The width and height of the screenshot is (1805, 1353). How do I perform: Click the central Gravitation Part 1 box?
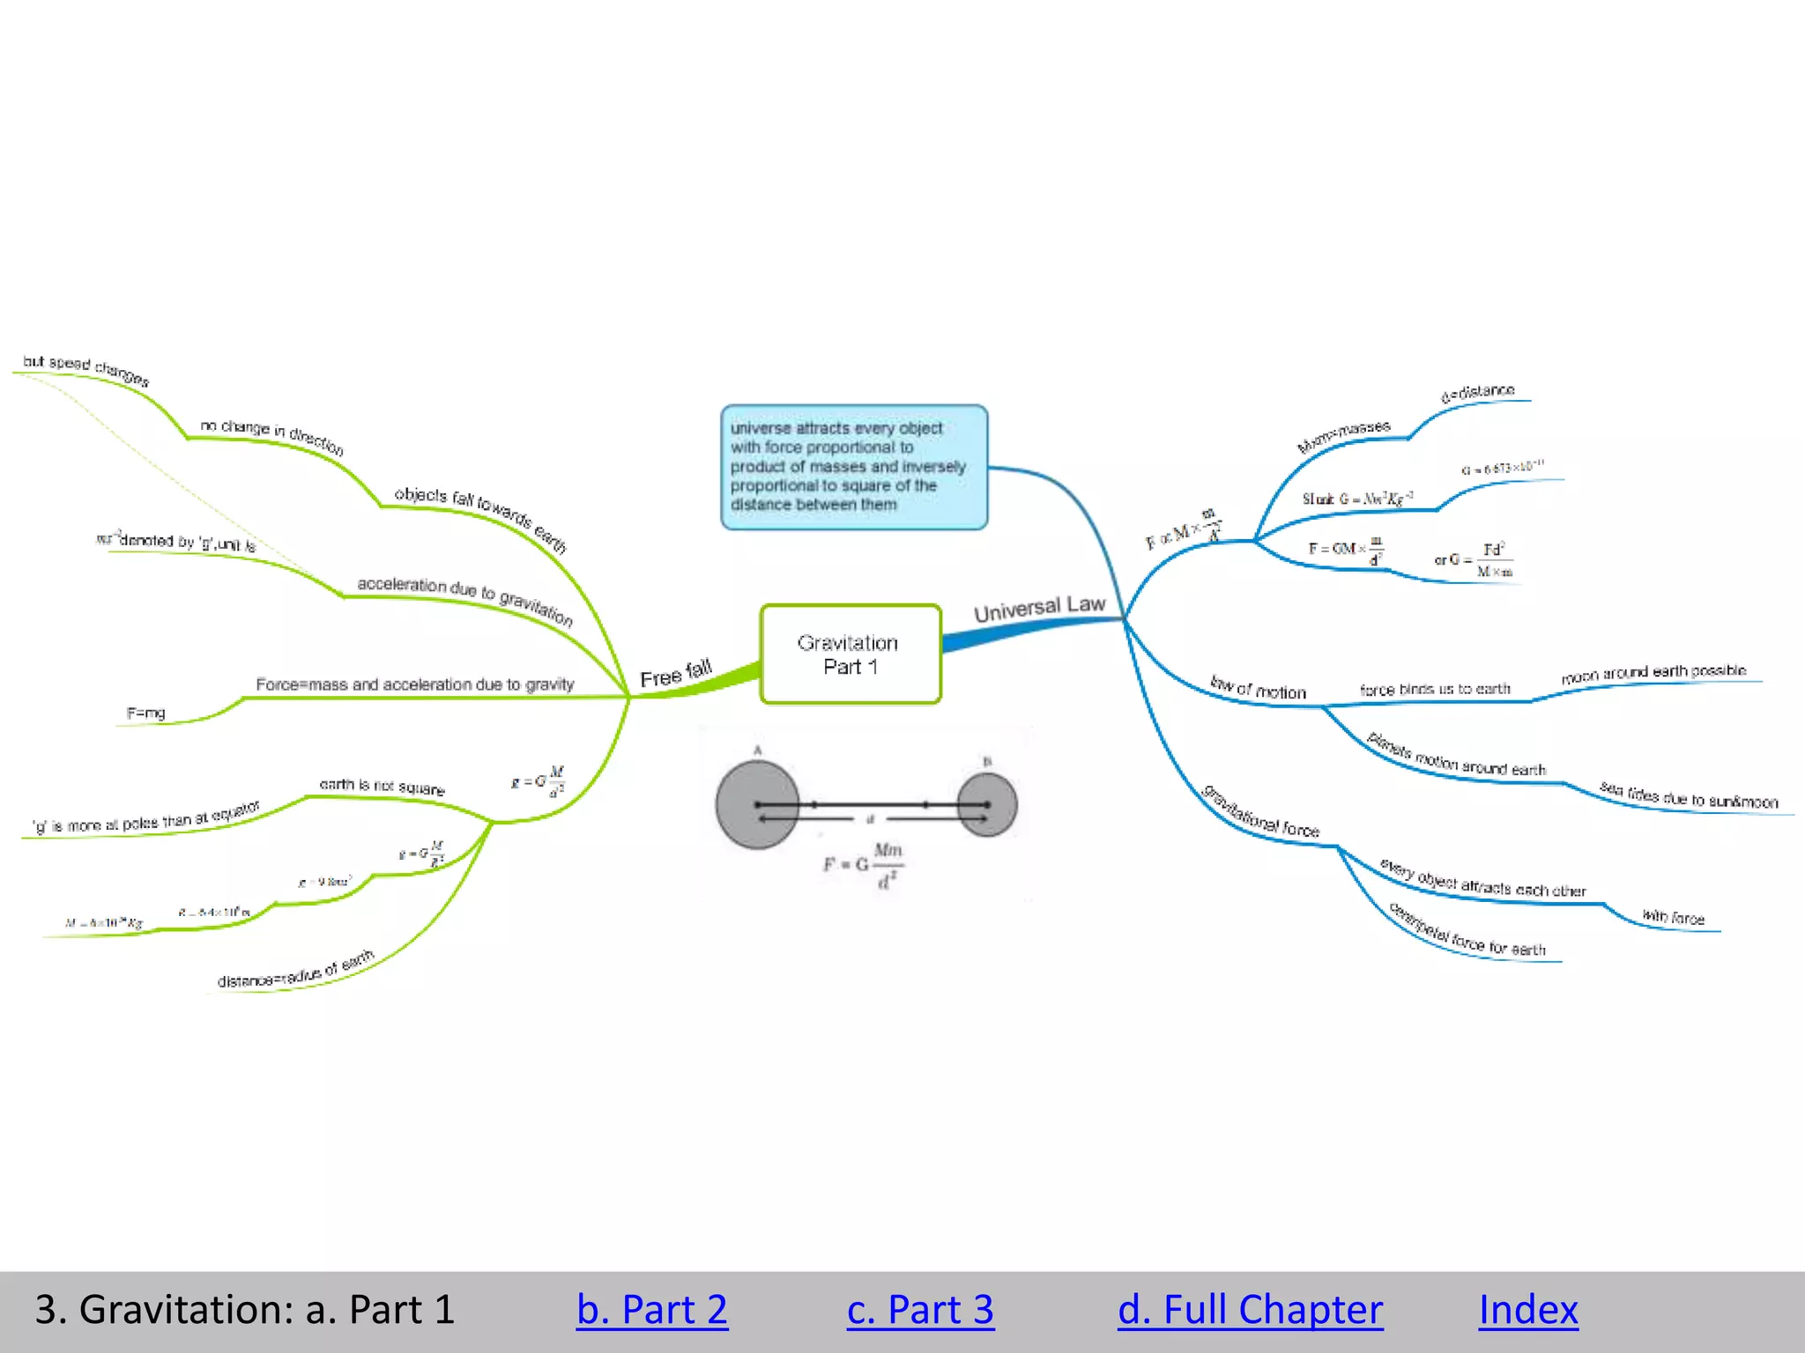pyautogui.click(x=851, y=654)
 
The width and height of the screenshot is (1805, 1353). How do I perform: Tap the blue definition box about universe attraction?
pyautogui.click(x=853, y=467)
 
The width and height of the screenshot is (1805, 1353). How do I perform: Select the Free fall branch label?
pyautogui.click(x=676, y=674)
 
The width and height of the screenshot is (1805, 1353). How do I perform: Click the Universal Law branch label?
pyautogui.click(x=1039, y=608)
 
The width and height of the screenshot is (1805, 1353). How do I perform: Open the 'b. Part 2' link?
pyautogui.click(x=651, y=1309)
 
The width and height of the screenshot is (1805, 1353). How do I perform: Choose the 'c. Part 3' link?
pyautogui.click(x=920, y=1309)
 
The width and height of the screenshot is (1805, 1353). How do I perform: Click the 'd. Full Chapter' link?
pyautogui.click(x=1250, y=1309)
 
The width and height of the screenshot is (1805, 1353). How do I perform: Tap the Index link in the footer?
pyautogui.click(x=1527, y=1309)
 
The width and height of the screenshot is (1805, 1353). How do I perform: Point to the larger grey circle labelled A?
pyautogui.click(x=757, y=804)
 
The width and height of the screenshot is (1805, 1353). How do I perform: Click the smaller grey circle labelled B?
pyautogui.click(x=987, y=803)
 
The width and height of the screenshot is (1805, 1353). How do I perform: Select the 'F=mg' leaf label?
pyautogui.click(x=146, y=713)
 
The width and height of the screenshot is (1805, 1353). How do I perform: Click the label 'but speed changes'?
pyautogui.click(x=86, y=370)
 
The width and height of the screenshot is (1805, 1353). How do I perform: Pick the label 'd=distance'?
pyautogui.click(x=1478, y=393)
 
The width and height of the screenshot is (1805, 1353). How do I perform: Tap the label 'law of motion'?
pyautogui.click(x=1258, y=688)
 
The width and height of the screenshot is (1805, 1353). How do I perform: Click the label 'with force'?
pyautogui.click(x=1673, y=918)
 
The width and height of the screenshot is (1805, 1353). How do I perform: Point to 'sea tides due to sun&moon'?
pyautogui.click(x=1689, y=795)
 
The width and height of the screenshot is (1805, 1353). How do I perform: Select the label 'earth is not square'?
pyautogui.click(x=382, y=786)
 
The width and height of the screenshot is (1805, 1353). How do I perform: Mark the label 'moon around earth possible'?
pyautogui.click(x=1653, y=673)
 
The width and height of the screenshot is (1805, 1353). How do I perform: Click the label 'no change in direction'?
pyautogui.click(x=271, y=435)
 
